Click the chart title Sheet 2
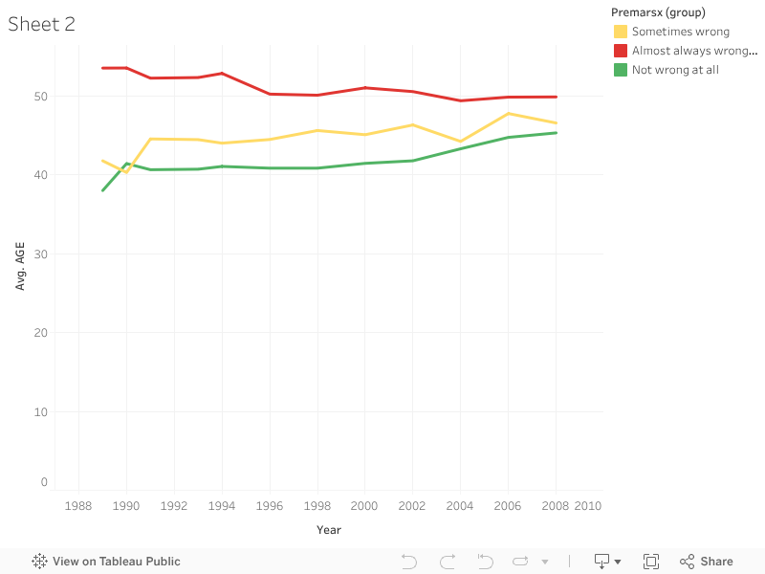pyautogui.click(x=41, y=25)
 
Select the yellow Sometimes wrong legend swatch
pyautogui.click(x=621, y=32)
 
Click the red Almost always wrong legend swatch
pyautogui.click(x=621, y=51)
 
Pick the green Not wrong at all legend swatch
pyautogui.click(x=621, y=70)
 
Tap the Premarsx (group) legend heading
pyautogui.click(x=658, y=12)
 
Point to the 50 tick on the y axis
pyautogui.click(x=39, y=96)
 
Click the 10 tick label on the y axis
pyautogui.click(x=39, y=411)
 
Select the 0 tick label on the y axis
pyautogui.click(x=43, y=482)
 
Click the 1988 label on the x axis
pyautogui.click(x=78, y=506)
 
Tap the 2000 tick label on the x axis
pyautogui.click(x=364, y=506)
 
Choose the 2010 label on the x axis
pyautogui.click(x=587, y=506)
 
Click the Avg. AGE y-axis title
pyautogui.click(x=20, y=265)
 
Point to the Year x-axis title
pyautogui.click(x=328, y=530)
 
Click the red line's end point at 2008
pyautogui.click(x=556, y=97)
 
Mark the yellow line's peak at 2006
pyautogui.click(x=508, y=114)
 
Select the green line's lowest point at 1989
pyautogui.click(x=102, y=190)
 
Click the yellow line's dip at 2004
pyautogui.click(x=460, y=142)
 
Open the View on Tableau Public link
pyautogui.click(x=106, y=562)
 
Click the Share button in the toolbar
pyautogui.click(x=707, y=562)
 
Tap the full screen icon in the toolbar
pyautogui.click(x=651, y=562)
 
